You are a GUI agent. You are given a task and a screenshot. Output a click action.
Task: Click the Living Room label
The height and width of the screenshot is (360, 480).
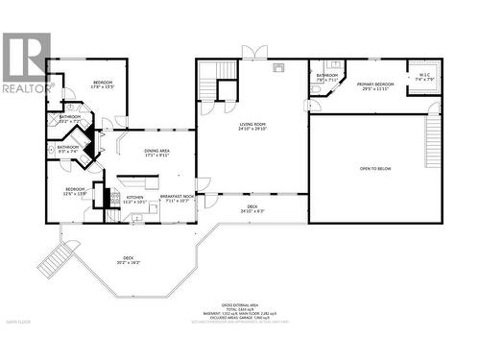tap(252, 126)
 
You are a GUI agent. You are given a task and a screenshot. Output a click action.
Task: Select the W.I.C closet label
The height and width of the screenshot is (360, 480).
tap(425, 77)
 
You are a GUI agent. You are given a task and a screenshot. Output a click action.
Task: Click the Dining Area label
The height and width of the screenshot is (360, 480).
tap(156, 153)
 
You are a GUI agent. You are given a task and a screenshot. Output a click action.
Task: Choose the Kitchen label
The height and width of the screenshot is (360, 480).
tap(134, 200)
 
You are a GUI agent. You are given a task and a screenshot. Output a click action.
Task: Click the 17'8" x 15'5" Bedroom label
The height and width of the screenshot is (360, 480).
tap(103, 85)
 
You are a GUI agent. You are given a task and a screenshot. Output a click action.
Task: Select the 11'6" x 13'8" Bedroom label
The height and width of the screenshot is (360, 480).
tap(76, 191)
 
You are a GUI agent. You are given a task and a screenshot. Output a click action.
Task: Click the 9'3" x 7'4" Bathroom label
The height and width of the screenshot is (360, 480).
tap(68, 149)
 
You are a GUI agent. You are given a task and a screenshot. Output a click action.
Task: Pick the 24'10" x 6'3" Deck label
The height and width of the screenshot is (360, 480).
tap(252, 208)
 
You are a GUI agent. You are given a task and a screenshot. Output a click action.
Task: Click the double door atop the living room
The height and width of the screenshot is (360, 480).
tap(252, 50)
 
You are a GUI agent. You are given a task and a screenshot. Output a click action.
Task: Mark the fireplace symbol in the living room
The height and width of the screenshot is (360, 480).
tap(279, 67)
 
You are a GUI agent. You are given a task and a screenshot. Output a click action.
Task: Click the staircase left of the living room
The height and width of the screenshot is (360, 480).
tap(208, 81)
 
